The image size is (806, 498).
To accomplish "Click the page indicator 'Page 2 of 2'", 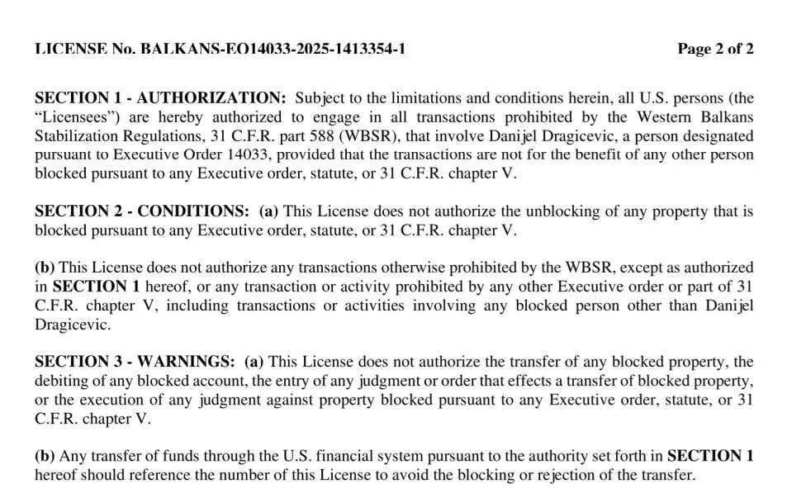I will (x=715, y=49).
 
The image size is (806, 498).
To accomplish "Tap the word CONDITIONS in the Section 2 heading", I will (x=192, y=211).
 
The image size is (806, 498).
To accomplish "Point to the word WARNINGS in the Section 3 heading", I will (x=186, y=362).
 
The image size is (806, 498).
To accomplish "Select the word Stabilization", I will (x=76, y=135).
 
